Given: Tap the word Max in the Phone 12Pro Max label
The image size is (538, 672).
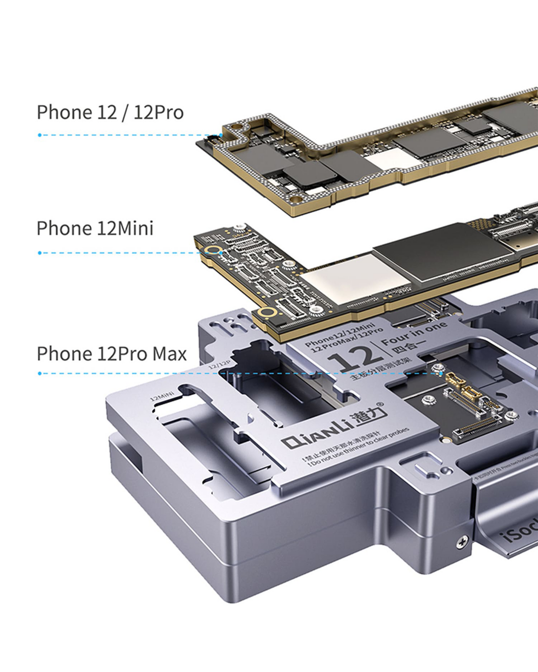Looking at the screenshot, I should pyautogui.click(x=169, y=354).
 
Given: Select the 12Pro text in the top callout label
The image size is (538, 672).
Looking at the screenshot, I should pyautogui.click(x=158, y=112).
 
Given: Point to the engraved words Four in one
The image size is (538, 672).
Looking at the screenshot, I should pyautogui.click(x=414, y=332).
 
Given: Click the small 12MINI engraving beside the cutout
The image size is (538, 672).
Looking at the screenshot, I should pyautogui.click(x=162, y=396).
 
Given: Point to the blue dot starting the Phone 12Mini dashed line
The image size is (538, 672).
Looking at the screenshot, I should pyautogui.click(x=40, y=253).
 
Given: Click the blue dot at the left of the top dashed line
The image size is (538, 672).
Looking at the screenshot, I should pyautogui.click(x=40, y=135).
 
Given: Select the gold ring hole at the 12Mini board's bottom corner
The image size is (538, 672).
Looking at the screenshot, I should pyautogui.click(x=268, y=312).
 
